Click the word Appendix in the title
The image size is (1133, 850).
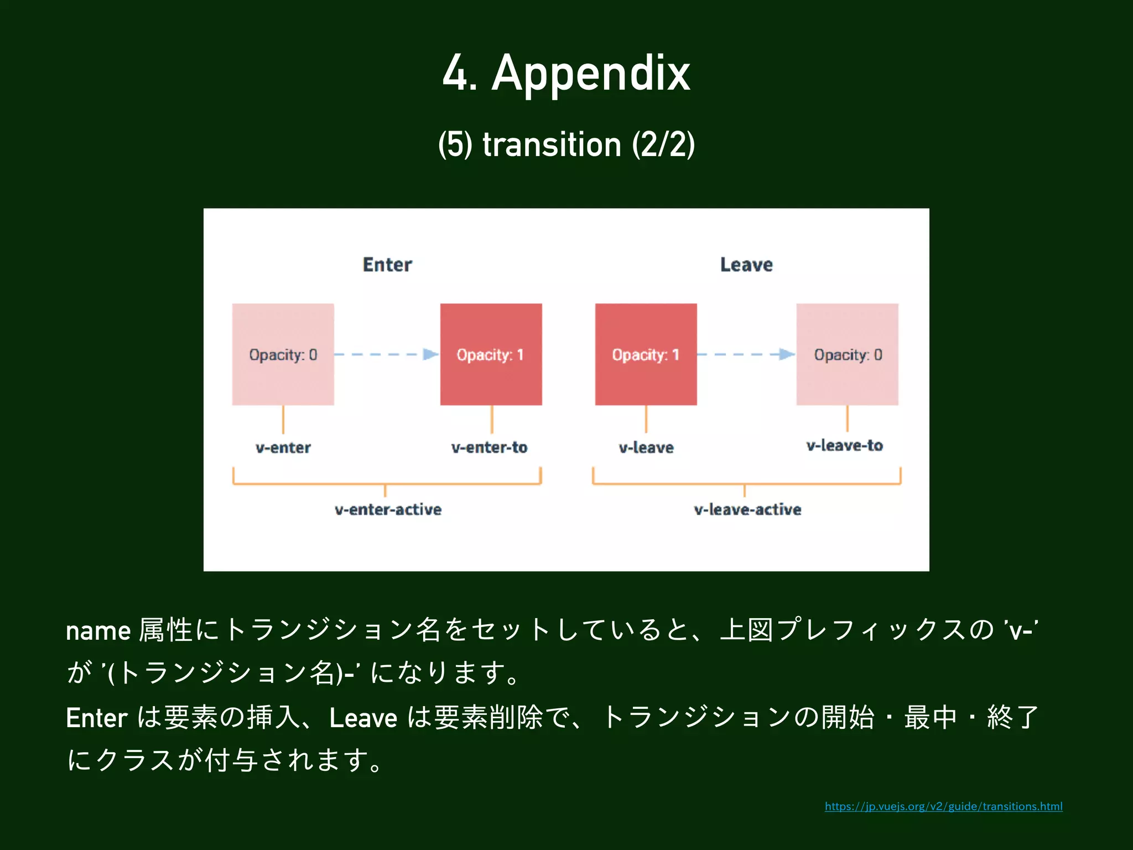tap(590, 74)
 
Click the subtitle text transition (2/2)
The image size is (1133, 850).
tap(566, 145)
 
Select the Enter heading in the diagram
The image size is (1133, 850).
tap(387, 265)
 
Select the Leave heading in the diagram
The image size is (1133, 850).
tap(746, 265)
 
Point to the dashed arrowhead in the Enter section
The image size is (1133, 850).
tap(430, 354)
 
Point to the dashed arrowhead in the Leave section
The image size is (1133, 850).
tap(786, 354)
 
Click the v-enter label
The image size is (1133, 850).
tap(283, 447)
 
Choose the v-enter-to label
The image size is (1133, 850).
tap(490, 447)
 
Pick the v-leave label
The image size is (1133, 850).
tap(646, 447)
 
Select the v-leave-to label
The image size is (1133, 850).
tap(845, 445)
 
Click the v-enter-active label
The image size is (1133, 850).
tap(388, 509)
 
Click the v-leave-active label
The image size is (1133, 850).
tap(747, 509)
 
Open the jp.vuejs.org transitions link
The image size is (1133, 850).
tap(943, 806)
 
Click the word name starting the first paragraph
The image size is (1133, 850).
tap(98, 631)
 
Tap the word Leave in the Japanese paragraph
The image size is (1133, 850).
tap(363, 718)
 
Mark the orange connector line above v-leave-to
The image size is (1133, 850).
tap(847, 418)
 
